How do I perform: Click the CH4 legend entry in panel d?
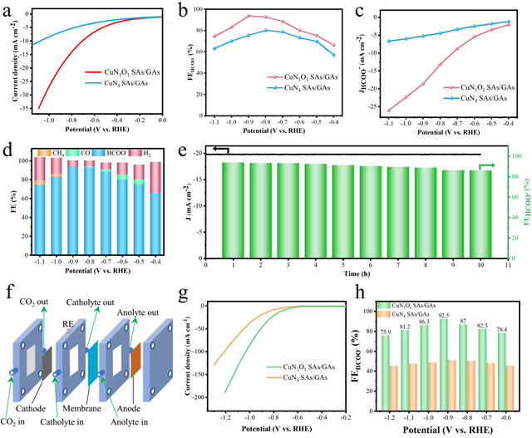coord(54,154)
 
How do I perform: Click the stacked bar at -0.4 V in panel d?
coord(155,208)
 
